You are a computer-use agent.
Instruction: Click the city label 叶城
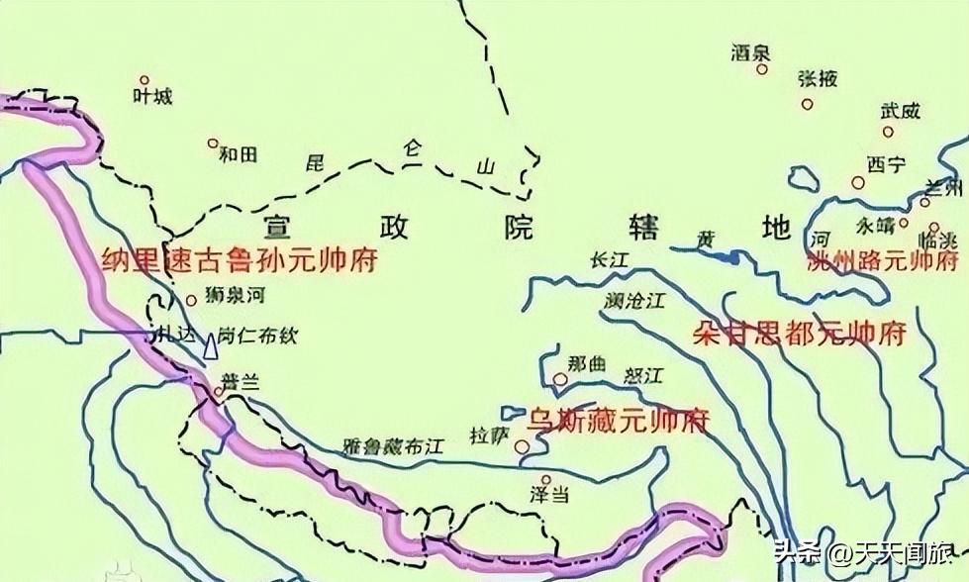[x=151, y=96]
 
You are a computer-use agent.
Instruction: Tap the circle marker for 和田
[x=212, y=144]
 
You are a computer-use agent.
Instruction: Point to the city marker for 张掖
[x=808, y=104]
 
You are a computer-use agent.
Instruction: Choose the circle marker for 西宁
[x=857, y=182]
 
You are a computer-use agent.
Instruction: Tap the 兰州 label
[x=940, y=187]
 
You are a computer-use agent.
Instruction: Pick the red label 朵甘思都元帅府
[x=800, y=333]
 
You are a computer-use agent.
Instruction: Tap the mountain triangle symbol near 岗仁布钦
[x=210, y=347]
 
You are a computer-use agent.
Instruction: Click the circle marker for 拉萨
[x=522, y=446]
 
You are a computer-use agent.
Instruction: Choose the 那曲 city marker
[x=561, y=378]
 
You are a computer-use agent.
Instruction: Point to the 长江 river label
[x=610, y=259]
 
